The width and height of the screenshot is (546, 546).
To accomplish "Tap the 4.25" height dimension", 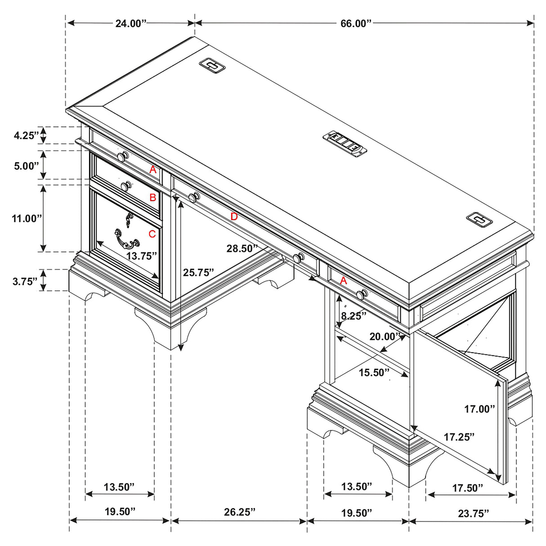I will pos(26,135).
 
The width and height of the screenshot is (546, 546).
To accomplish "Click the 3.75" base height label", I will pos(25,282).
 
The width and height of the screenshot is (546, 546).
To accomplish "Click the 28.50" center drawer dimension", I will pos(242,248).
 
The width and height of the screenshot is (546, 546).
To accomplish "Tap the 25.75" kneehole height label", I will pos(198,272).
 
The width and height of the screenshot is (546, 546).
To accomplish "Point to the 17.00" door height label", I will pos(479,409).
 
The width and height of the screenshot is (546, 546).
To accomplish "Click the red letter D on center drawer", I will pos(234,217).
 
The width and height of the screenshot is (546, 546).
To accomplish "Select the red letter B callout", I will pos(152,197).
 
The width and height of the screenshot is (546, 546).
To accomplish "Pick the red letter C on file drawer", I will pos(152,234).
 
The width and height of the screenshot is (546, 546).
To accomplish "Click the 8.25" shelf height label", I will pos(354,316).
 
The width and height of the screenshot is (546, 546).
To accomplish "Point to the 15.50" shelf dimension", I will pos(374,372).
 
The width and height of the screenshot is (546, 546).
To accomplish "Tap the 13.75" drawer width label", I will pos(141,256).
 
